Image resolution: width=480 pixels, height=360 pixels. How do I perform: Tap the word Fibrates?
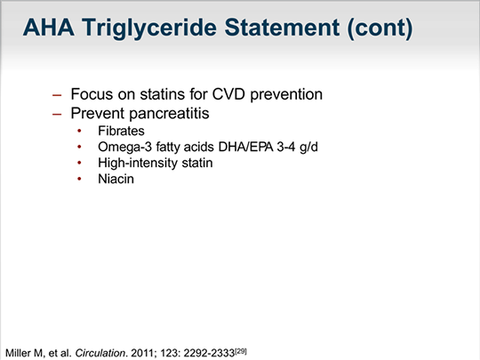[121, 131]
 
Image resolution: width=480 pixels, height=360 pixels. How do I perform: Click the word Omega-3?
[124, 147]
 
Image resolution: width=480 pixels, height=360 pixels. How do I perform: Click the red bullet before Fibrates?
[79, 131]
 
